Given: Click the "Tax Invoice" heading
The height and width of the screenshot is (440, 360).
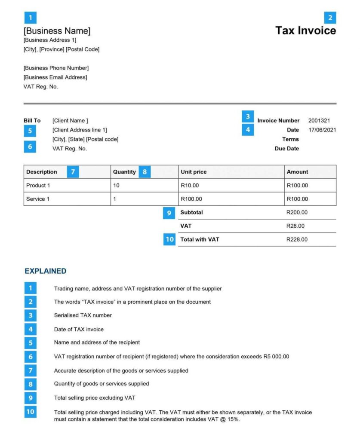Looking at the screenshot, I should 305,31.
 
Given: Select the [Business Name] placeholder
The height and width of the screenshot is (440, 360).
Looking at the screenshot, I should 57,31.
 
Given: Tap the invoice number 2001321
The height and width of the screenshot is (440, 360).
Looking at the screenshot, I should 319,121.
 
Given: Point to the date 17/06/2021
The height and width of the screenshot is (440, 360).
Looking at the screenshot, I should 322,130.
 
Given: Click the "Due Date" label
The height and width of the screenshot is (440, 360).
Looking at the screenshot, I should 286,149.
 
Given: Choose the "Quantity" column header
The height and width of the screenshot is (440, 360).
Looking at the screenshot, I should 124,172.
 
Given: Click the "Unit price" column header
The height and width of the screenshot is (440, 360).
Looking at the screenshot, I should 194,172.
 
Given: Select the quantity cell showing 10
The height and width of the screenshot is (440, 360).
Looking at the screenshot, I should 117,186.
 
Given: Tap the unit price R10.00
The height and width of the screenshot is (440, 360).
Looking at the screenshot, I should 190,186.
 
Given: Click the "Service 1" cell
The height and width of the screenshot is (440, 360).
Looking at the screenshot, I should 38,199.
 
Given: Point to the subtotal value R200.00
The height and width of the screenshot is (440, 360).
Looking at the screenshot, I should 297,212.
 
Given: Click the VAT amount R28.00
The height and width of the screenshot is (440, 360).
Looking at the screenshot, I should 295,226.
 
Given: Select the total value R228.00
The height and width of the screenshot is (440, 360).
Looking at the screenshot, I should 297,239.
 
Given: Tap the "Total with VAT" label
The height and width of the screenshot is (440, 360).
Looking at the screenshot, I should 200,239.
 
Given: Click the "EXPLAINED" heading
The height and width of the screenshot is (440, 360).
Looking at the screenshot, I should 46,271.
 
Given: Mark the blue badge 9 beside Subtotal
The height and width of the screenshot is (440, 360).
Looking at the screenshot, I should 169,213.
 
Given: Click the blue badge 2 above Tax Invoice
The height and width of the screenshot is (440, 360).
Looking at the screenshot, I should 330,18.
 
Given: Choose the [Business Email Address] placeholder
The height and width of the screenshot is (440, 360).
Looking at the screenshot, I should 55,77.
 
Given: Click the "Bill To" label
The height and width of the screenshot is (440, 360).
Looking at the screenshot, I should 32,121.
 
